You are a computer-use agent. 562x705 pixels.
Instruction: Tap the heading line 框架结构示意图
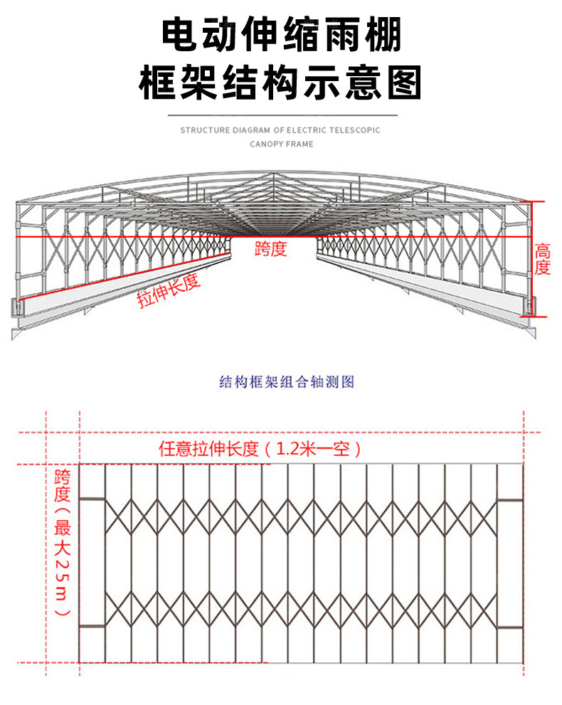pyautogui.click(x=281, y=83)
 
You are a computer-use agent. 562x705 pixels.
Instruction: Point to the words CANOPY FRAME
pyautogui.click(x=281, y=144)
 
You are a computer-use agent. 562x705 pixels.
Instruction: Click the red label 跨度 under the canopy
pyautogui.click(x=270, y=249)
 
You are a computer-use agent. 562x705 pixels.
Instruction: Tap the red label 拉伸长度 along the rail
pyautogui.click(x=169, y=290)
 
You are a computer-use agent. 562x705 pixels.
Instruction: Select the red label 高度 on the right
pyautogui.click(x=543, y=259)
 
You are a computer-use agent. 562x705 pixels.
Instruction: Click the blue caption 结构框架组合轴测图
pyautogui.click(x=286, y=382)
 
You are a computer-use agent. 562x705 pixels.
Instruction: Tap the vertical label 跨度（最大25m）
pyautogui.click(x=63, y=541)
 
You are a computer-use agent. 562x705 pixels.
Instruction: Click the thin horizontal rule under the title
pyautogui.click(x=281, y=114)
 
